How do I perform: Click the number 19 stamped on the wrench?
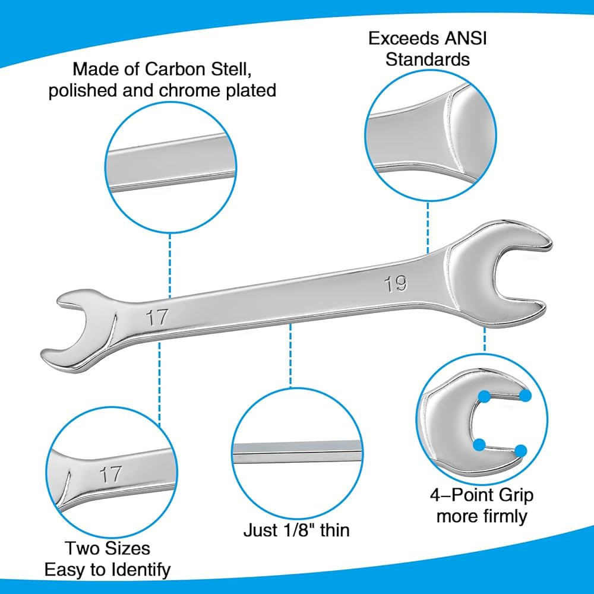(x=396, y=283)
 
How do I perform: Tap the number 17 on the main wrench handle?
(x=157, y=317)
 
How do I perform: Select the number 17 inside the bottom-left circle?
(x=111, y=474)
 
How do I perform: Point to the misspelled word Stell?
(x=241, y=69)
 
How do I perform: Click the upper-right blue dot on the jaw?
(x=525, y=396)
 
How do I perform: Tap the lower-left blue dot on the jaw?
(x=479, y=444)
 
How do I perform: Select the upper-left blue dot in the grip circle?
(x=485, y=395)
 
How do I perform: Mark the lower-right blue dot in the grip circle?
(x=521, y=451)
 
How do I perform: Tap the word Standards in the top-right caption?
(x=428, y=59)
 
